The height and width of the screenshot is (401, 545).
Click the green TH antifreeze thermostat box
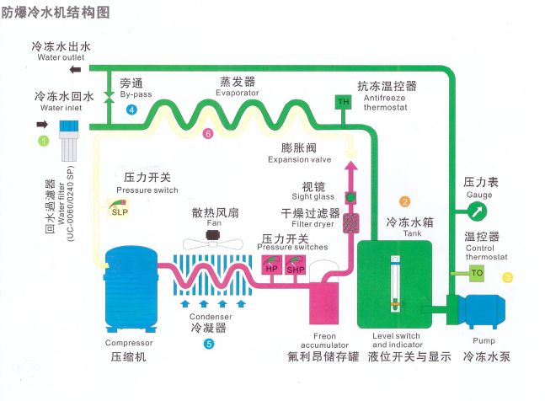[343, 102]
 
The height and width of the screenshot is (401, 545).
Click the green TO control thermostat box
[476, 272]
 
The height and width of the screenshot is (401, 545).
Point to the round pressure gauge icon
[478, 210]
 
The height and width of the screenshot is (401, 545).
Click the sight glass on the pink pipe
[352, 197]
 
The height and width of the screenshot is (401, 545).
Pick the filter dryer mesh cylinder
[352, 222]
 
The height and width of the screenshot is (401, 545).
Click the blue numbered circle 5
[208, 344]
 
